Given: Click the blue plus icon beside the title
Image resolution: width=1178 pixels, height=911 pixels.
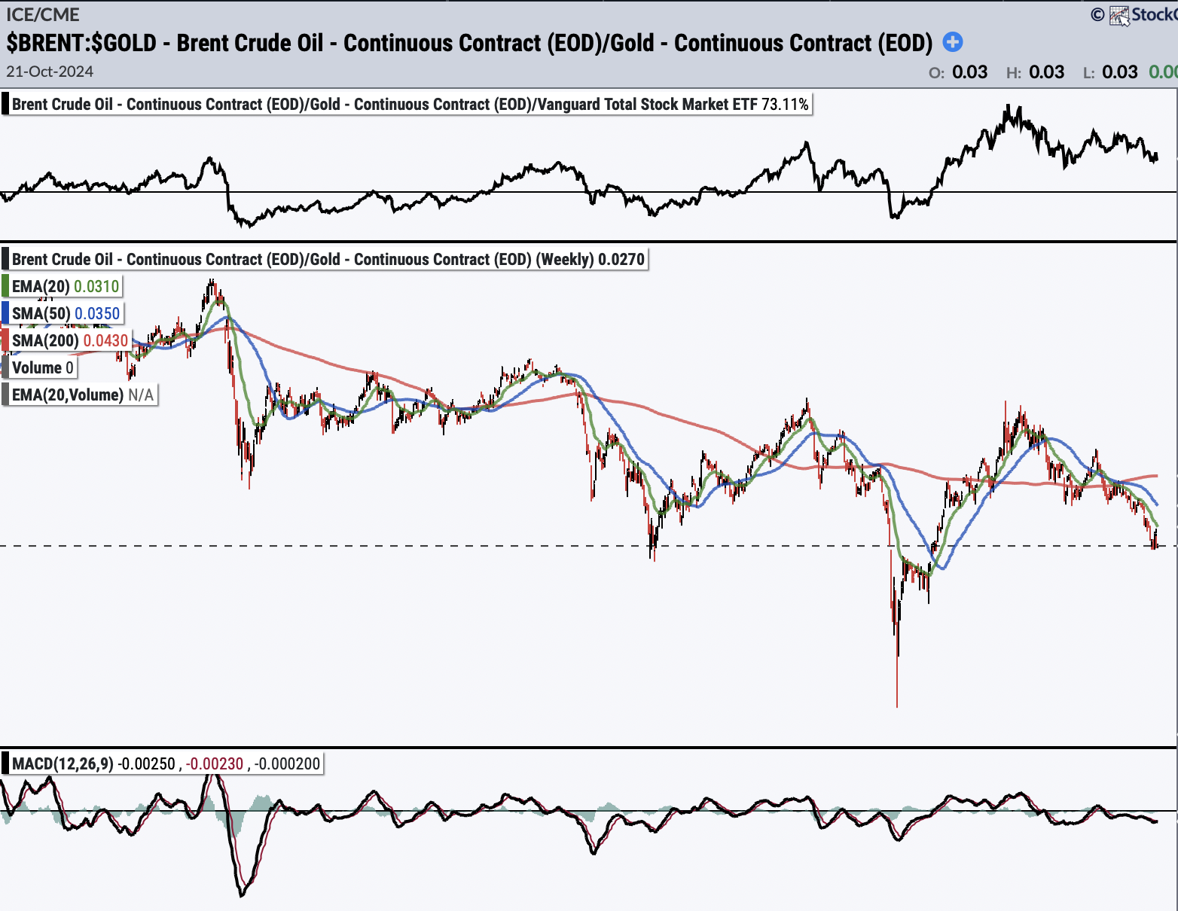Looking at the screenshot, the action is point(953,42).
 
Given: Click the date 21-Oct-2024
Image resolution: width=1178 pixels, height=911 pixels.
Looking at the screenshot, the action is point(50,72).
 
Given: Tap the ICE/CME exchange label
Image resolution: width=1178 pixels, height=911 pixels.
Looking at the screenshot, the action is point(43,14).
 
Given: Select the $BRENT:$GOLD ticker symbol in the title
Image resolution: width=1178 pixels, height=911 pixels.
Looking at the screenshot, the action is point(81,43).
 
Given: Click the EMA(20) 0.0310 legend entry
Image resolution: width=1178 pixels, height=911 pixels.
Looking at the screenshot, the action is point(66,286).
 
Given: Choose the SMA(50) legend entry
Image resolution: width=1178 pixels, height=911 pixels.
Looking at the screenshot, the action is point(66,313).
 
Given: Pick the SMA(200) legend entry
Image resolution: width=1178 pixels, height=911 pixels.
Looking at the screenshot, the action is point(70,340).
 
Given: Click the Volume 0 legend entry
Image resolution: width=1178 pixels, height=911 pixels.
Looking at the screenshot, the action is point(42,367).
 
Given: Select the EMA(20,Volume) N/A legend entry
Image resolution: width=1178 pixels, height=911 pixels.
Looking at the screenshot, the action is point(83,395).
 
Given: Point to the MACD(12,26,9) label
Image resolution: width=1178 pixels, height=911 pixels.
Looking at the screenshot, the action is point(63,763).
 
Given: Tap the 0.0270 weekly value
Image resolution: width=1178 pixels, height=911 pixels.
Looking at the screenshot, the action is point(621,260).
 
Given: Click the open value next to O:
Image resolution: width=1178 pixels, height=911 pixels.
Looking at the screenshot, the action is point(970,72).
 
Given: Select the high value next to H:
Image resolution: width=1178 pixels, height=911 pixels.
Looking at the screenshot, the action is point(1047,72).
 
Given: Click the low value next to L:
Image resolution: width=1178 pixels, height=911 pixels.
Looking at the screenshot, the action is point(1120,72).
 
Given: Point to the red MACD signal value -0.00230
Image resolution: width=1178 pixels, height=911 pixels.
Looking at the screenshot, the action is point(214,763).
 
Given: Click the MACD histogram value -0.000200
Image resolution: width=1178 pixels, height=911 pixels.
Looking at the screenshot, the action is point(287,763).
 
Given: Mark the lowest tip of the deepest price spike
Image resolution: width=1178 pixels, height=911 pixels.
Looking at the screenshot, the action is point(897,707).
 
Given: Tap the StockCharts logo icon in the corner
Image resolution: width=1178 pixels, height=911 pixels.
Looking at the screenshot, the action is point(1119,15).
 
